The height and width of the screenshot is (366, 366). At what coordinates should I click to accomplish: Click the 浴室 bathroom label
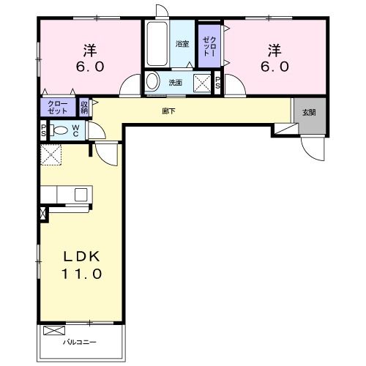coord(182,44)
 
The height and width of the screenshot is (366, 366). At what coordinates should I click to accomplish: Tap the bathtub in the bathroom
coord(157,44)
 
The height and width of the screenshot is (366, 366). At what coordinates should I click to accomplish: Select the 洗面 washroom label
coord(176,83)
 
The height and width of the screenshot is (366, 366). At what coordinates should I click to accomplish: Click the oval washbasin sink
coord(152,82)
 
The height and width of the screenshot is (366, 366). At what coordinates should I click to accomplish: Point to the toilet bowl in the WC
coord(59,130)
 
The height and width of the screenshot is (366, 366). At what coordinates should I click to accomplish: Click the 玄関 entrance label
coord(309,113)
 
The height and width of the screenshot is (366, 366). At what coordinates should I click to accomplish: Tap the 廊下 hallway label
coord(168,111)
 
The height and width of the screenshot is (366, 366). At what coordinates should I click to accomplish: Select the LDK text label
coord(82,256)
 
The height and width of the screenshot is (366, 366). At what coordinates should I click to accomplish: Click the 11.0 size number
coord(81,274)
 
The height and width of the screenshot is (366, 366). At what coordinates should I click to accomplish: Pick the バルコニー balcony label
coord(80,342)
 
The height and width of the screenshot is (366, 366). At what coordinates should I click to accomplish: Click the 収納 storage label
coord(84,108)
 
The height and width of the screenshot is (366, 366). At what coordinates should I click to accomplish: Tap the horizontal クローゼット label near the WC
coord(58,108)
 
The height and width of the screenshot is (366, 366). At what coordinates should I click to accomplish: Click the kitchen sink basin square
coord(81,195)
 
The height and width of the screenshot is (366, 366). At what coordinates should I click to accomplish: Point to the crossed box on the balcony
coord(54,331)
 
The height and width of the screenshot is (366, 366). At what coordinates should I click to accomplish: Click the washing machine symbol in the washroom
coord(202,83)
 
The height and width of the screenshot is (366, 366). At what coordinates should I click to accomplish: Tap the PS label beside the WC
coord(43,130)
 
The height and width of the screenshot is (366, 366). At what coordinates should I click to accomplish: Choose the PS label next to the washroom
coord(217,83)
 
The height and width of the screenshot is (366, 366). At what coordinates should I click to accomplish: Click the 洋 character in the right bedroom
coord(274,51)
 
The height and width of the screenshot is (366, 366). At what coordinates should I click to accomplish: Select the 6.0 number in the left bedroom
coord(90,67)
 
